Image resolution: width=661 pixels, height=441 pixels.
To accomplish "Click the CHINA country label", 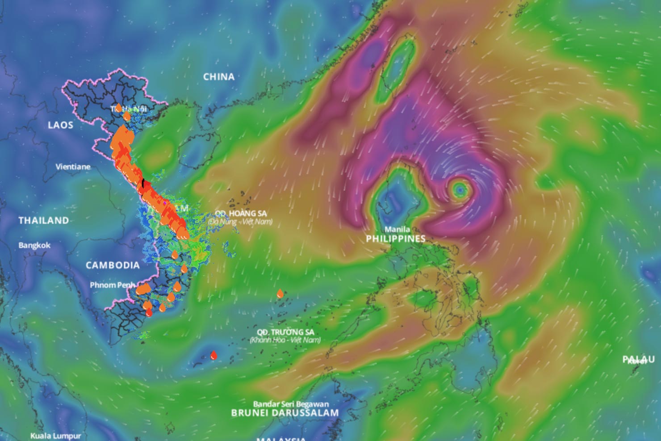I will (x=219, y=77).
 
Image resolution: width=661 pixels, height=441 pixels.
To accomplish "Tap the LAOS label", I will (x=60, y=125).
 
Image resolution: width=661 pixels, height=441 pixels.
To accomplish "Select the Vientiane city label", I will (x=73, y=167).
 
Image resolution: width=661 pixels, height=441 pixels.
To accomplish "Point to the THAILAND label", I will (x=44, y=220).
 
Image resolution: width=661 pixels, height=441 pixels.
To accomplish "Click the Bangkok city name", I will (x=34, y=245).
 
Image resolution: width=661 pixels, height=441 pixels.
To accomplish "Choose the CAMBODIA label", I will (x=113, y=265).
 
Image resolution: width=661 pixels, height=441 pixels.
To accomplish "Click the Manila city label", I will (x=397, y=229).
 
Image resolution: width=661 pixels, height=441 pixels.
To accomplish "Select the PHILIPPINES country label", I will (x=396, y=239).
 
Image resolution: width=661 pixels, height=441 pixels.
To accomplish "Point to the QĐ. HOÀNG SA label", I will (x=241, y=214).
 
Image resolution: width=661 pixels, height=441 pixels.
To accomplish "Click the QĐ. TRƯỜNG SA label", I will (x=285, y=332).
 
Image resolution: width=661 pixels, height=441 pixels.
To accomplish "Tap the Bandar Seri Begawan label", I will (x=291, y=404).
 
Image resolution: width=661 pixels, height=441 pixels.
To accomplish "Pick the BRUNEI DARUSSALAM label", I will (x=285, y=413).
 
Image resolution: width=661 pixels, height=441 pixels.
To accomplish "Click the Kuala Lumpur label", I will (x=56, y=436).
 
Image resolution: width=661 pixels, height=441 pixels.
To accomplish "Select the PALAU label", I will (x=639, y=360).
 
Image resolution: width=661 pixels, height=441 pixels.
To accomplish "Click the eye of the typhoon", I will (x=460, y=190).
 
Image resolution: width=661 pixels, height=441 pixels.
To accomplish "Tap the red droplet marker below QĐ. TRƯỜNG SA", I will (x=214, y=356).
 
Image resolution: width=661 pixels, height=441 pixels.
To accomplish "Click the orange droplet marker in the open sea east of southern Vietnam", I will (x=280, y=294).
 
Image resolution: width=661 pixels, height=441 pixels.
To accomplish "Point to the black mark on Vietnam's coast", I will (x=144, y=183).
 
